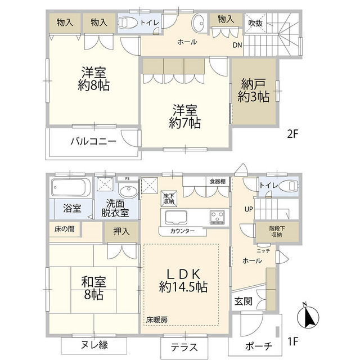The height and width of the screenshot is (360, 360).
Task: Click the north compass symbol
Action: (308, 316)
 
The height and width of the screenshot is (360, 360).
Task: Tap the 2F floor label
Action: (292, 134)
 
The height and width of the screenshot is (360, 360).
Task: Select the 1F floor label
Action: (292, 341)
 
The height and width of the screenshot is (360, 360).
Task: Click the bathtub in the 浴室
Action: (70, 187)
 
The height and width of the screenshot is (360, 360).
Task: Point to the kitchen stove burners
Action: (217, 217)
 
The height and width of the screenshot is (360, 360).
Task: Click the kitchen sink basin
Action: (176, 217)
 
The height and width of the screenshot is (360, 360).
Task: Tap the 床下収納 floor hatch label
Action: (169, 199)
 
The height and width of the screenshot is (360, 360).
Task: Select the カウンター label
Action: (182, 231)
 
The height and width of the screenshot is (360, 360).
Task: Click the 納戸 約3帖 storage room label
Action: (254, 91)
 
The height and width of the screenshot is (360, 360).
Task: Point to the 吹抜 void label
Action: (255, 22)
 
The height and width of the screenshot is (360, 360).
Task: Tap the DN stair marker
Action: (237, 45)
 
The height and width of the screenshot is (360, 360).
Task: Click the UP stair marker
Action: (249, 209)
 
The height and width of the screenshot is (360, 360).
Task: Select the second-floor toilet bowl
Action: (126, 22)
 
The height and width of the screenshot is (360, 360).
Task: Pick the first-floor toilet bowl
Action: (289, 186)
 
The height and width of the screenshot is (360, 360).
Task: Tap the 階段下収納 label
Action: (277, 231)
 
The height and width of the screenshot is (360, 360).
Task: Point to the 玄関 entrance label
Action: (244, 301)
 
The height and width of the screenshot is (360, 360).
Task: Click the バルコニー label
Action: (93, 141)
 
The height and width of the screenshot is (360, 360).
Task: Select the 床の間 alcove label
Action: (65, 229)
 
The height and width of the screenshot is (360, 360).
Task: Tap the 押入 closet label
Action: (121, 231)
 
